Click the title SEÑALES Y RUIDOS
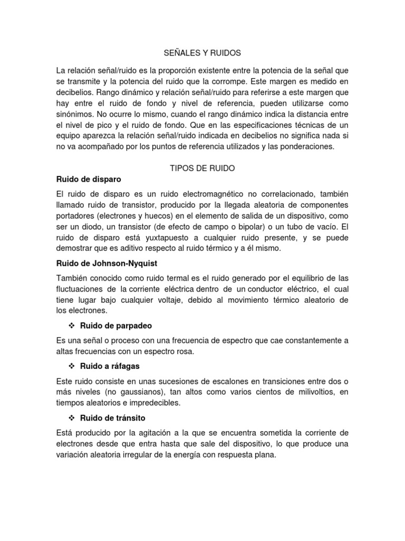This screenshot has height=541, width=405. pyautogui.click(x=203, y=53)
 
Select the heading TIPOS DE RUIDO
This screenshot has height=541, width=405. pyautogui.click(x=202, y=168)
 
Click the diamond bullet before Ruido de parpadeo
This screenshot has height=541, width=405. pyautogui.click(x=72, y=326)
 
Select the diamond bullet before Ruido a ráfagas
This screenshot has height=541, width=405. pyautogui.click(x=72, y=366)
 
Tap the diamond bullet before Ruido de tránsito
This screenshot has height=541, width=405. pyautogui.click(x=72, y=418)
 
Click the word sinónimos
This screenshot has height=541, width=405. pyautogui.click(x=77, y=114)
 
